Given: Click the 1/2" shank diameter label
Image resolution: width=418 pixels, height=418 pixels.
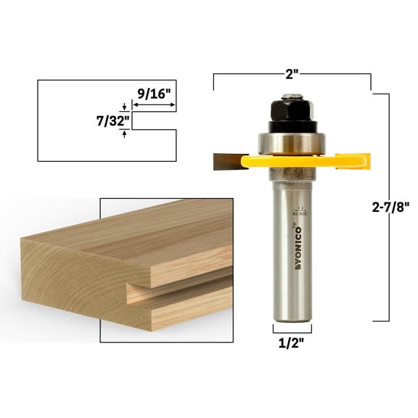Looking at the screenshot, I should pos(291,343).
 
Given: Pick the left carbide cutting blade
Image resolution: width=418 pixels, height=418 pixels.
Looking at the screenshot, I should pos(228,161).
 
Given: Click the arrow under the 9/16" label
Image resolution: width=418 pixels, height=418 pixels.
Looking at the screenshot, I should pos(154,105).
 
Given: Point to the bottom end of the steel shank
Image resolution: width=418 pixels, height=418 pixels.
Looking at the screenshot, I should pos(291,316).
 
